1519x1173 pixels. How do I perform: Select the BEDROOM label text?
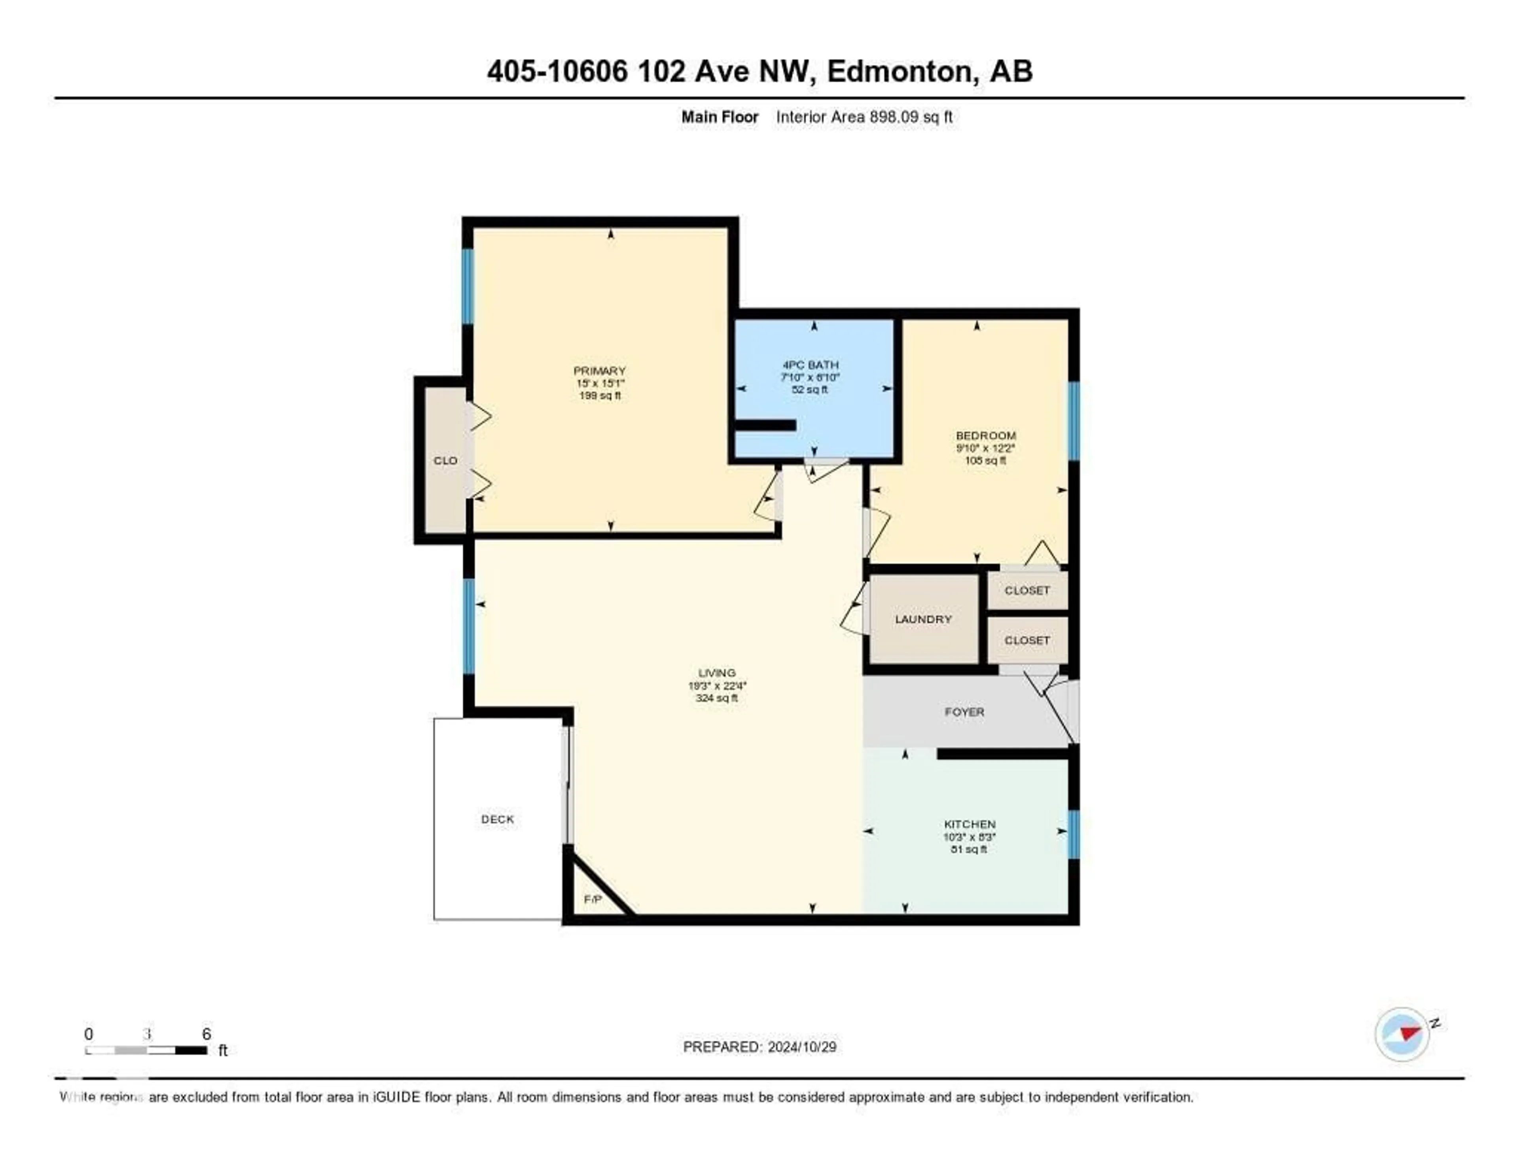coord(985,436)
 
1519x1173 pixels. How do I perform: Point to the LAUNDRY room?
coord(923,619)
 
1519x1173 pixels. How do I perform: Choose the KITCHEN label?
coord(970,824)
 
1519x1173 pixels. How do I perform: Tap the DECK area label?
coord(497,819)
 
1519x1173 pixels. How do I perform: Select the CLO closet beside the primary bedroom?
coord(445,460)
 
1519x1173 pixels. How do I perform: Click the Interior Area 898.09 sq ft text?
coord(864,117)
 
